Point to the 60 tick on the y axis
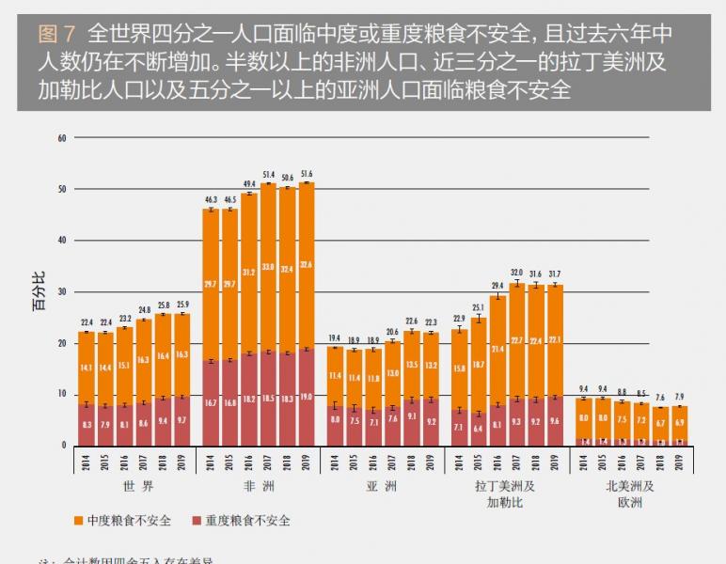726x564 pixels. [62, 138]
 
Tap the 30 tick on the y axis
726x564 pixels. [62, 292]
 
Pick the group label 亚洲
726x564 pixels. [381, 486]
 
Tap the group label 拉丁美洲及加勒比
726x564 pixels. [504, 493]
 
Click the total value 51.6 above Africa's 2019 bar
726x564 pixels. [307, 174]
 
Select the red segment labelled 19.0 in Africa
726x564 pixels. [307, 397]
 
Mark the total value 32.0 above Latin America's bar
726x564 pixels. [516, 274]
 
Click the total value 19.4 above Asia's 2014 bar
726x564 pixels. [334, 338]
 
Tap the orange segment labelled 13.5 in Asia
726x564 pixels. [412, 364]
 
